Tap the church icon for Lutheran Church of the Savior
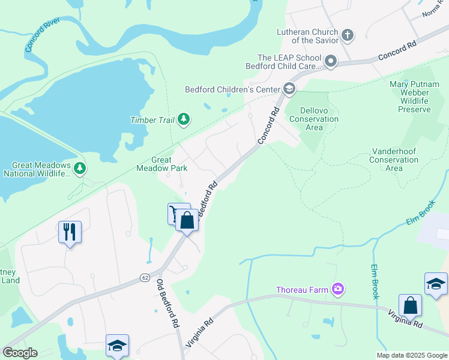pyautogui.click(x=347, y=35)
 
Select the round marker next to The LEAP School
pyautogui.click(x=330, y=61)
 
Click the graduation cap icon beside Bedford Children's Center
pyautogui.click(x=289, y=89)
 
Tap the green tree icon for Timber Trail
pyautogui.click(x=184, y=120)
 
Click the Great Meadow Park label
pyautogui.click(x=170, y=164)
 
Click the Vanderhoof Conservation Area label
pyautogui.click(x=394, y=160)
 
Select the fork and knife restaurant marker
pyautogui.click(x=70, y=231)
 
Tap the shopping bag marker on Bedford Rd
pyautogui.click(x=187, y=220)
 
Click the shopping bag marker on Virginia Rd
pyautogui.click(x=411, y=305)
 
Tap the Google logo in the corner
pyautogui.click(x=19, y=353)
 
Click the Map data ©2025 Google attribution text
pyautogui.click(x=412, y=355)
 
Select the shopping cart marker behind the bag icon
pyautogui.click(x=174, y=212)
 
